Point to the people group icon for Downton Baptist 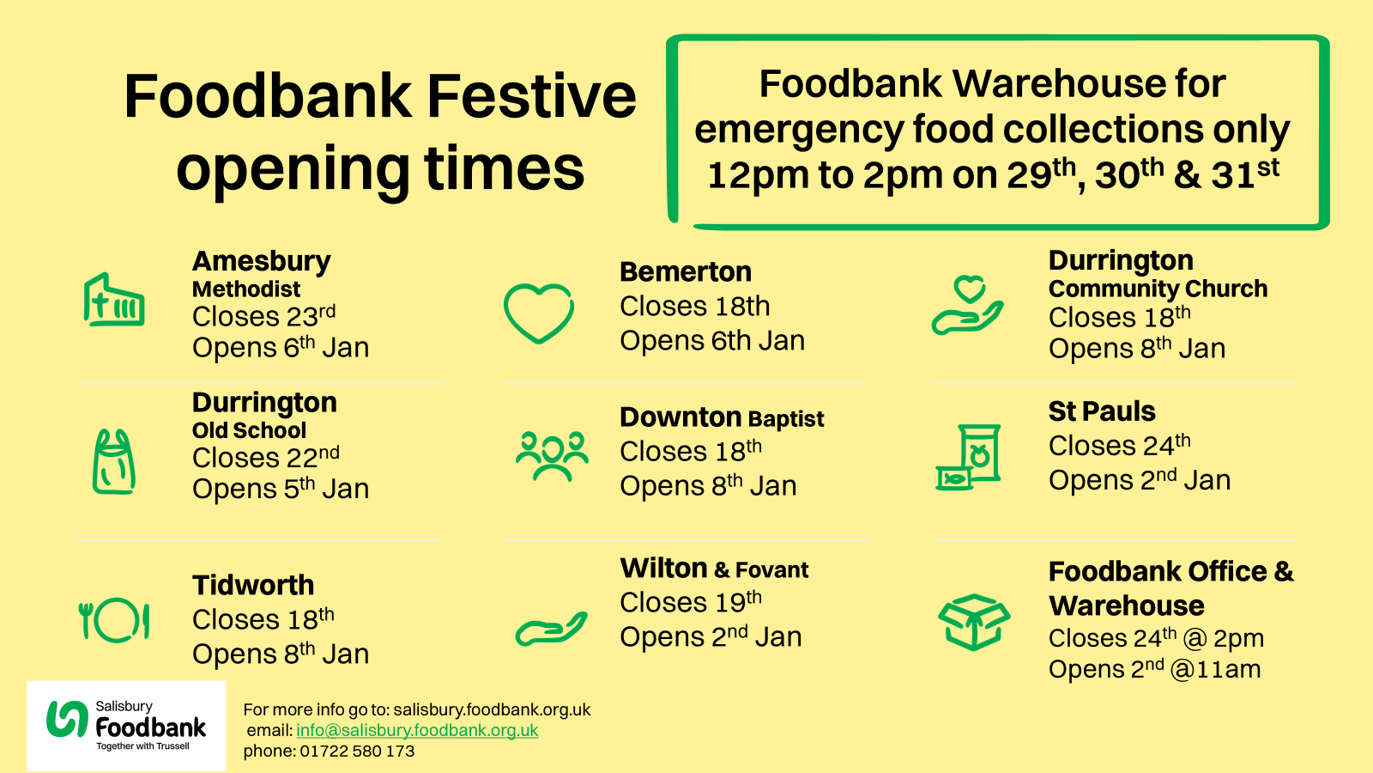[553, 456]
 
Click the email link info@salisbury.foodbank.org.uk [417, 730]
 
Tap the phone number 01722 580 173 [357, 751]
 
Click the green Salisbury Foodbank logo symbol [68, 718]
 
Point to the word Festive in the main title [531, 96]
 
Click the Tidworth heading [253, 585]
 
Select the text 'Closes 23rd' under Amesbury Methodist [263, 316]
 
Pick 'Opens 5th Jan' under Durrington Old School [281, 489]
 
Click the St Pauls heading [1102, 411]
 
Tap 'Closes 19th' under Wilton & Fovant [691, 602]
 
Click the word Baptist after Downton [786, 418]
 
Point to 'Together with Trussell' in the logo [142, 746]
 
